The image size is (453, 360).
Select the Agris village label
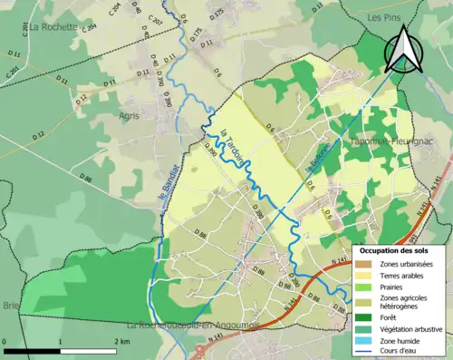click(130, 116)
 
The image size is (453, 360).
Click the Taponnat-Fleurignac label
click(390, 143)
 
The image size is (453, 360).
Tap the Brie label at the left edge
click(11, 306)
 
